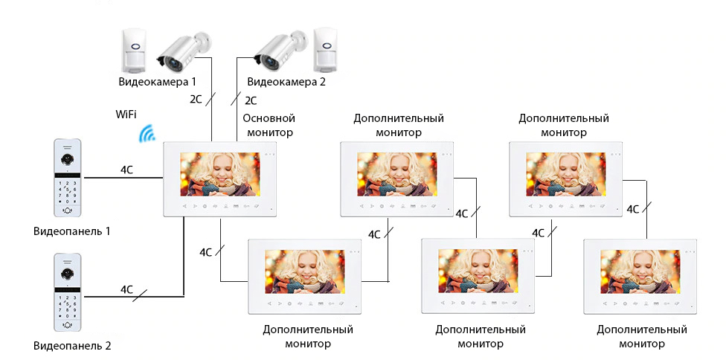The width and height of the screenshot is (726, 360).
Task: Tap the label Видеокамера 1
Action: (x=157, y=81)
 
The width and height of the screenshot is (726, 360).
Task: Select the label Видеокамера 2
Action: (x=286, y=82)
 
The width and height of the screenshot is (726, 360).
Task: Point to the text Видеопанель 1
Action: (x=71, y=231)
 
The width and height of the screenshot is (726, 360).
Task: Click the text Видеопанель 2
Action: (x=71, y=346)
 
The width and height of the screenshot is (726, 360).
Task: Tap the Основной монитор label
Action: (x=269, y=125)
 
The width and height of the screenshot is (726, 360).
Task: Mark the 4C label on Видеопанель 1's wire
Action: (x=126, y=170)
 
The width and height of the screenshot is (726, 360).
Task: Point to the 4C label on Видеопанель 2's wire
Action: (x=126, y=289)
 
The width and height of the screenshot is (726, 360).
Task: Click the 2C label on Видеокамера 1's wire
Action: (x=196, y=98)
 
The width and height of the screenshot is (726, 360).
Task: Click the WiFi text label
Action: (x=126, y=114)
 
